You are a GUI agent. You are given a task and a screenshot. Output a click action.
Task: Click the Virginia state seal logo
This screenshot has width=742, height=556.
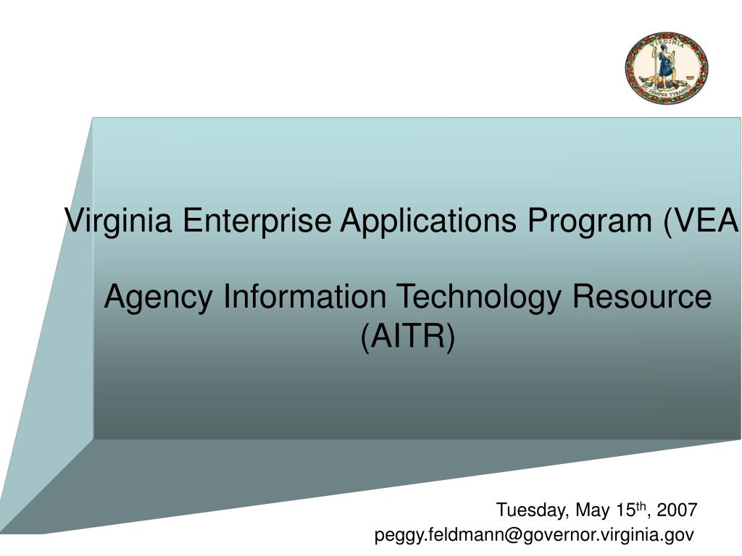(667, 67)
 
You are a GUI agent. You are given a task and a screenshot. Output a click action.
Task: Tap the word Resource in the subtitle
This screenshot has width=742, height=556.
(642, 296)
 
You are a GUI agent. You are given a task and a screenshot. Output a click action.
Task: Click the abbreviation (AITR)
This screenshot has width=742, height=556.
(408, 336)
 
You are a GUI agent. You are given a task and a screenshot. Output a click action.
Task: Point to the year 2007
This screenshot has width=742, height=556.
(678, 510)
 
